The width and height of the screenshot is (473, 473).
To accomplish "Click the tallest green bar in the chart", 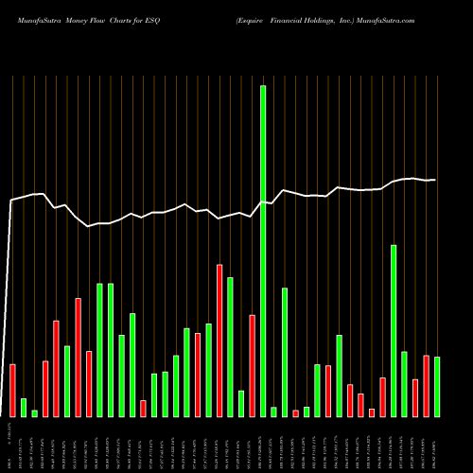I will coord(263,251).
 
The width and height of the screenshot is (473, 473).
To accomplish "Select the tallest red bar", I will coord(219,341).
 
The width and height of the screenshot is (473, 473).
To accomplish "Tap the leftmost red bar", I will coord(12,390).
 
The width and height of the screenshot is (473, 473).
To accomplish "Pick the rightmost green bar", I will coord(437,386).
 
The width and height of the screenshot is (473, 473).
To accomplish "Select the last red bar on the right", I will coord(426,385).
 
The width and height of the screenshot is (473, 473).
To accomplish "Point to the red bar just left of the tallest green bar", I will coord(252,365).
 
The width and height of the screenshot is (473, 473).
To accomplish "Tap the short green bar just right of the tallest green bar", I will coord(274,412).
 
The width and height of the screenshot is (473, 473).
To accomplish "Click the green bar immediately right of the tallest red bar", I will coord(230,346).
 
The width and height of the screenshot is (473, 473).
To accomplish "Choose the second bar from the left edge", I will coord(24,407).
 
